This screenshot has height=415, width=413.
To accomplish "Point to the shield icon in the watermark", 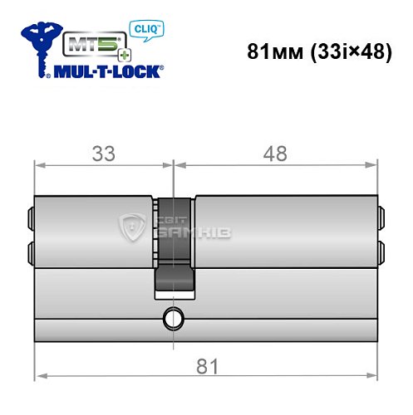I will click(x=133, y=225).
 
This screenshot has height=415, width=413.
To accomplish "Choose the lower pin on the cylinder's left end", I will click(x=31, y=251).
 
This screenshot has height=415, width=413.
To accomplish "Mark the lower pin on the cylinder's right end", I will click(x=382, y=251).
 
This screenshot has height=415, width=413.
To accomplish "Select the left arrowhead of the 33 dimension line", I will click(x=38, y=170).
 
